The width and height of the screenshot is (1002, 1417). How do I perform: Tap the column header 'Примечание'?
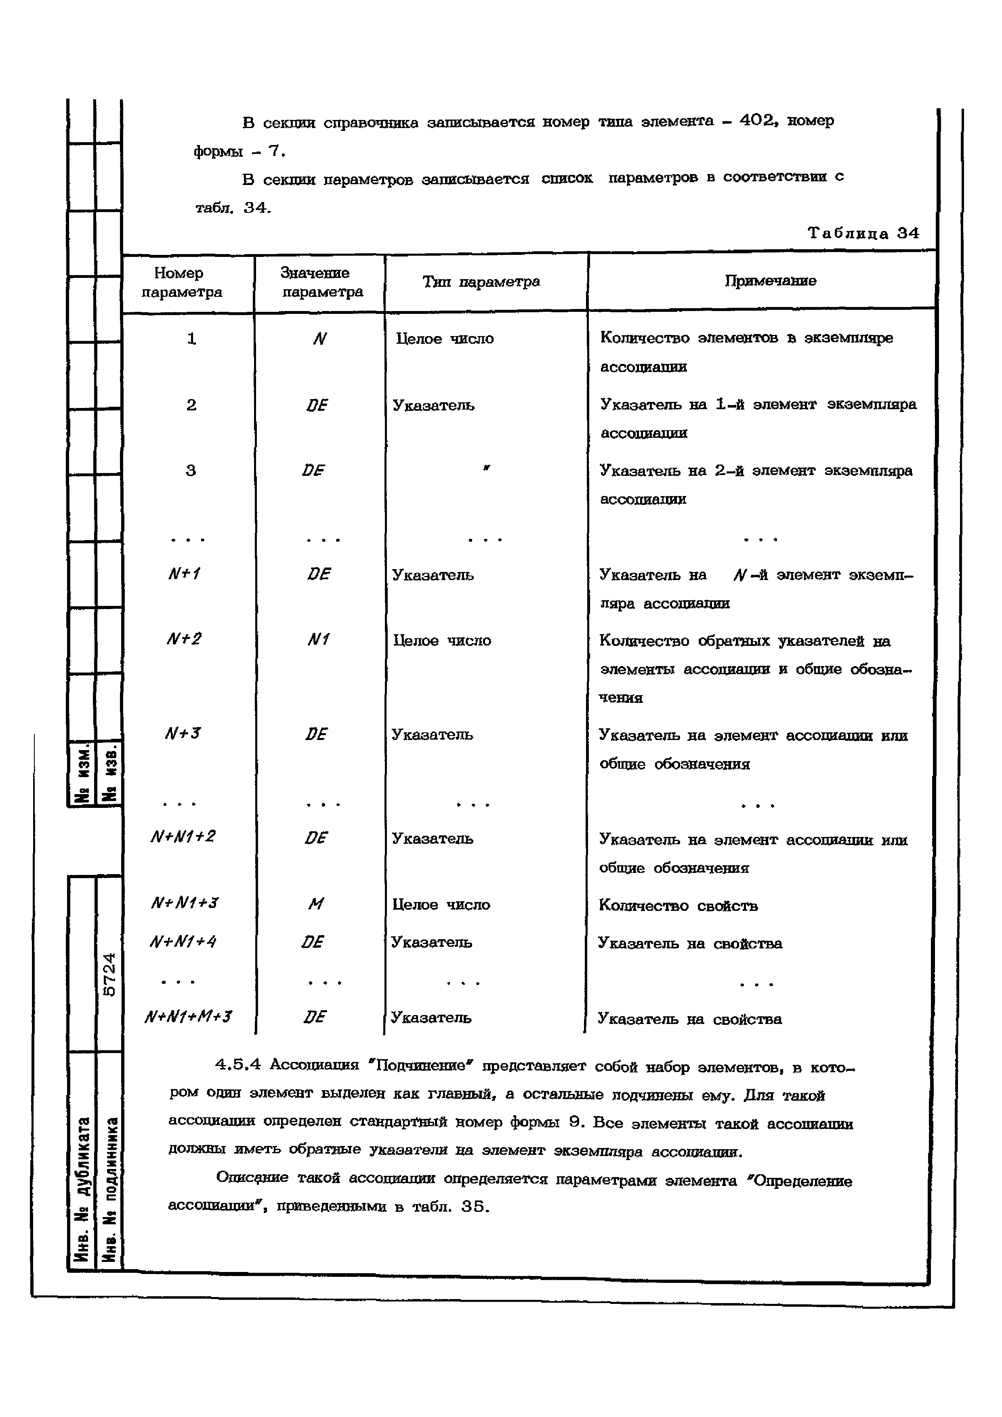(770, 281)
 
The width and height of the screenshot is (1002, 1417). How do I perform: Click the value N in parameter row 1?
(319, 339)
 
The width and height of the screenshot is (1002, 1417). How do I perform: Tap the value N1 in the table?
(318, 639)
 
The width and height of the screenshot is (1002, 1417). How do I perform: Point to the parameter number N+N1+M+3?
(187, 1016)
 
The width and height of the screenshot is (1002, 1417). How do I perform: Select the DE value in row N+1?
(318, 574)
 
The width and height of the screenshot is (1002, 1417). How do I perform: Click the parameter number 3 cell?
(191, 471)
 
